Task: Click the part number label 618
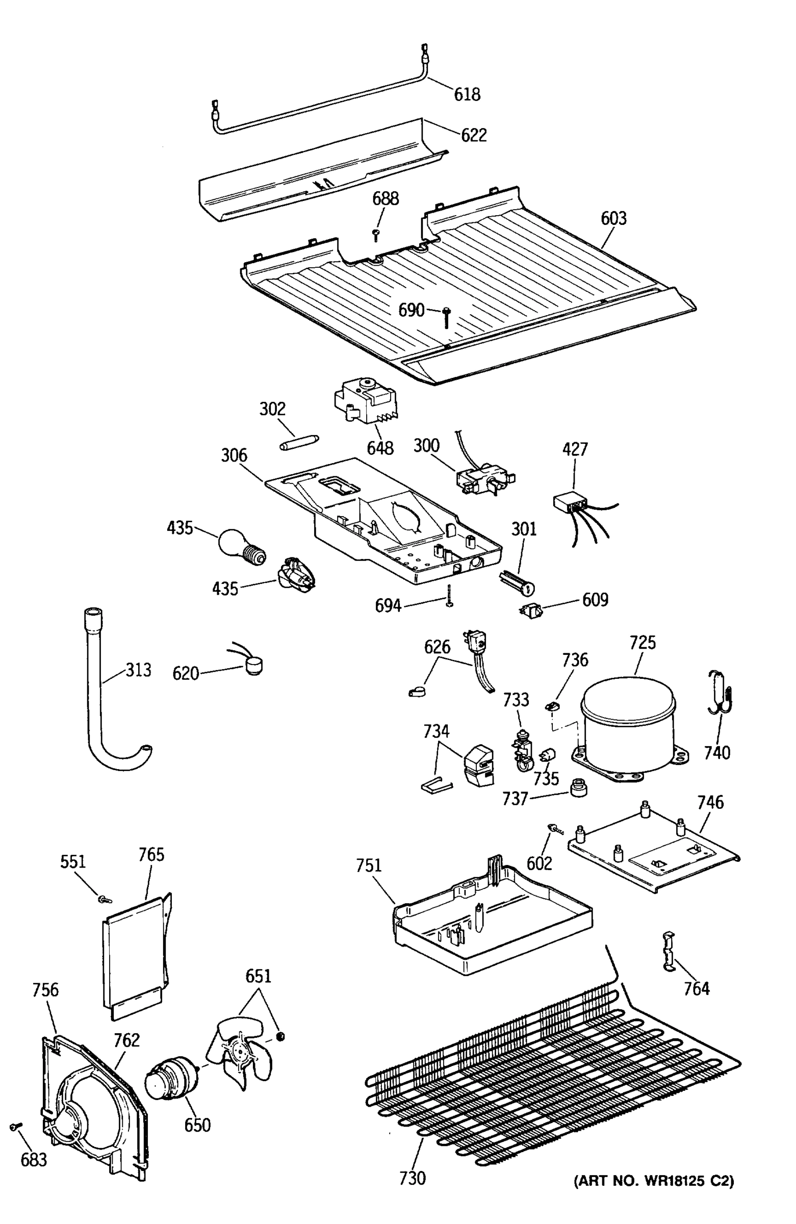pyautogui.click(x=467, y=94)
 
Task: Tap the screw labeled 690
pyautogui.click(x=446, y=316)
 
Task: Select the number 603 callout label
pyautogui.click(x=613, y=219)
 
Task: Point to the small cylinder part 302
pyautogui.click(x=299, y=443)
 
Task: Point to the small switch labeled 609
pyautogui.click(x=530, y=611)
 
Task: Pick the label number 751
pyautogui.click(x=369, y=865)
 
